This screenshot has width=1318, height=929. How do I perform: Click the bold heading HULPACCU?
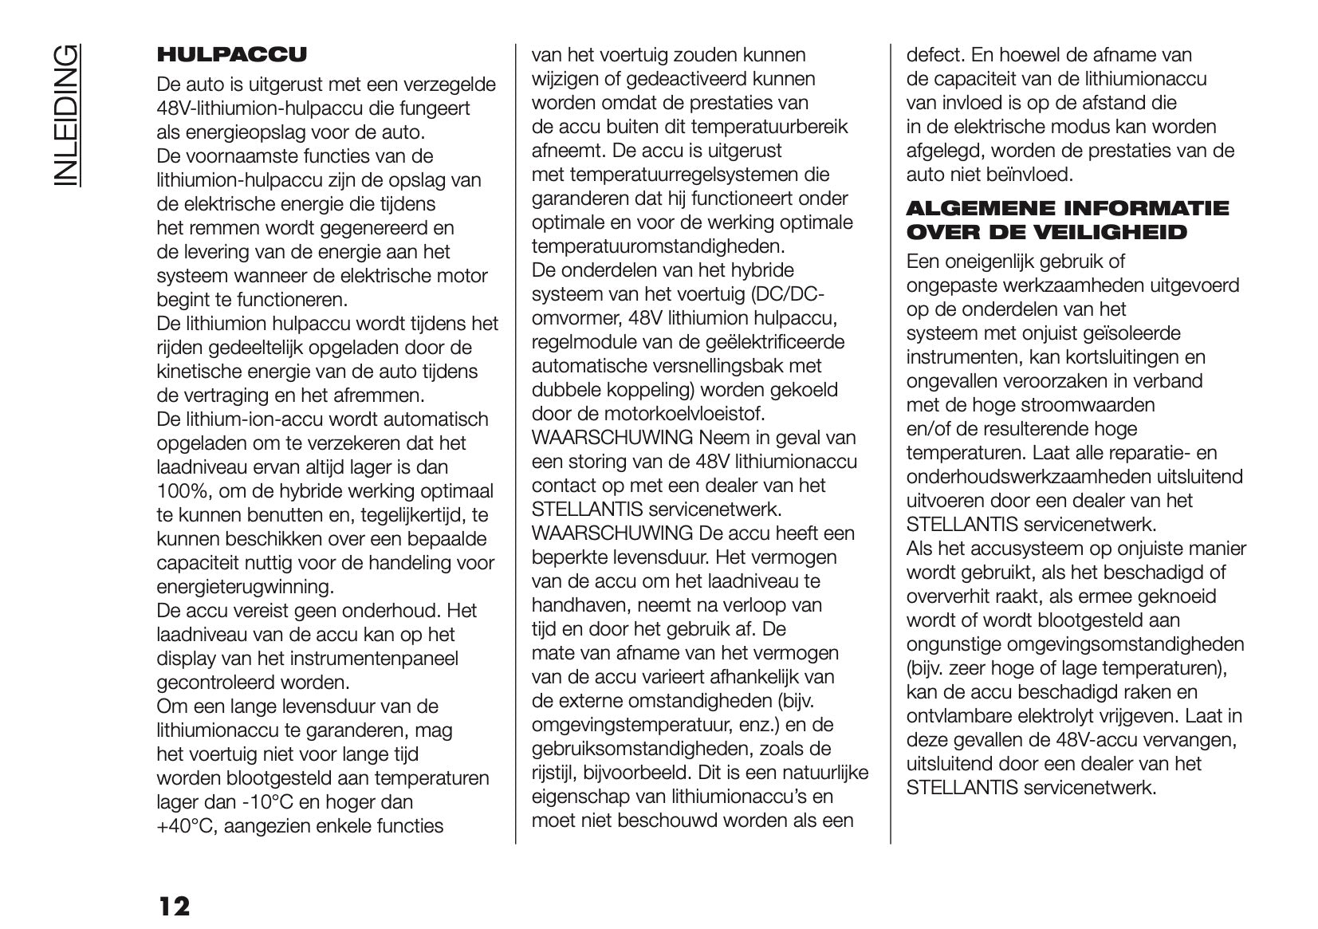231,55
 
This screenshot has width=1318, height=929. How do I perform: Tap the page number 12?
174,906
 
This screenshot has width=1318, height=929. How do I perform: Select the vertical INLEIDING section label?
68,116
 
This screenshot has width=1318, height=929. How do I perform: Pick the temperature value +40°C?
187,826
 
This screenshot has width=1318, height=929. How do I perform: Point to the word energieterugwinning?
244,587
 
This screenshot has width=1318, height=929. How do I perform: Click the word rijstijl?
553,773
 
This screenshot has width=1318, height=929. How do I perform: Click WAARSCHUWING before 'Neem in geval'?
612,438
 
